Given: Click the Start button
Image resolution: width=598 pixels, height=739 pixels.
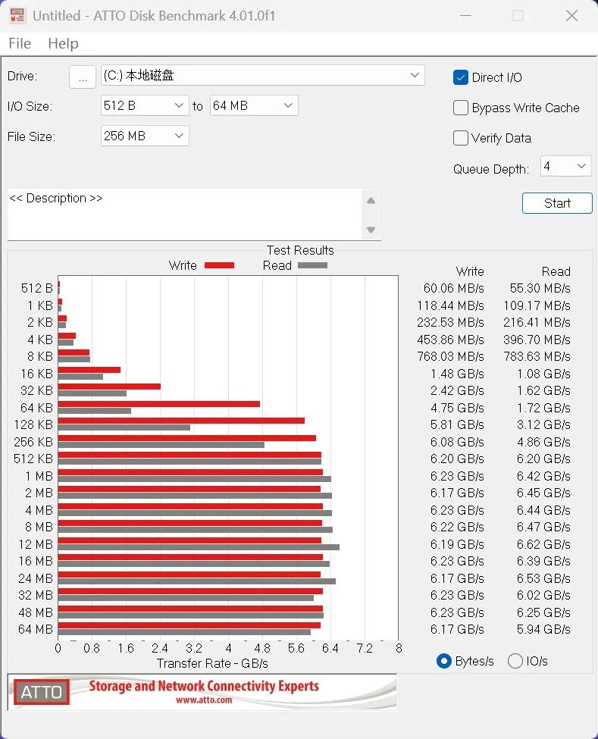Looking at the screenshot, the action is click(557, 203).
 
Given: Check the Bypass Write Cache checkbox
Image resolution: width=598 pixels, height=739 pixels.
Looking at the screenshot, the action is click(460, 108).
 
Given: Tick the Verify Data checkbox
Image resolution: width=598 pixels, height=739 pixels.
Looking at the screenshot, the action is click(460, 138).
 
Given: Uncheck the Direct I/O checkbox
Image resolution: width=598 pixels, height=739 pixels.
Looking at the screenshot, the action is click(460, 77).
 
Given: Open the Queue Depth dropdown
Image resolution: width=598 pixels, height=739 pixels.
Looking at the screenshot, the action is click(565, 166).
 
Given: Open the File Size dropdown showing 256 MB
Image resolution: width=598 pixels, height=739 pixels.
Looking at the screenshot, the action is click(145, 136).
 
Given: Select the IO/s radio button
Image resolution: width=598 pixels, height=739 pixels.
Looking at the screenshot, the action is click(515, 661).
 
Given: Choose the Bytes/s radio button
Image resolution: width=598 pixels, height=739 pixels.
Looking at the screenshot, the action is click(444, 661).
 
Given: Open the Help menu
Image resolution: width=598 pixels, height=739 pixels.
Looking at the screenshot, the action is click(63, 43).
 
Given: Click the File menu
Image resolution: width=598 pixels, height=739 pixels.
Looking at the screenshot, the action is click(20, 43).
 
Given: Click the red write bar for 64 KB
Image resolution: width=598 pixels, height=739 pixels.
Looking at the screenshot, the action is click(159, 404).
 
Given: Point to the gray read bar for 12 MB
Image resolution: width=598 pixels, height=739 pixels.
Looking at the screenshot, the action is click(199, 547).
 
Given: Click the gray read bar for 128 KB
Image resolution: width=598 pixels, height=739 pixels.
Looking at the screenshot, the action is click(124, 427).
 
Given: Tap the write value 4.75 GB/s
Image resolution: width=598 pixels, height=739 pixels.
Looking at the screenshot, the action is click(457, 408).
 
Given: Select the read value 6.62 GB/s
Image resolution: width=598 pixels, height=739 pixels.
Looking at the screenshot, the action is click(543, 544).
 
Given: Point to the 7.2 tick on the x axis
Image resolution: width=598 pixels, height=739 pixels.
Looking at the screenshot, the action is click(365, 649).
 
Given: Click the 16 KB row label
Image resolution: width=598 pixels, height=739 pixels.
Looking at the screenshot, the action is click(36, 374).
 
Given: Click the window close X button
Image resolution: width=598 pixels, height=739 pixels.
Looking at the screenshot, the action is click(571, 16).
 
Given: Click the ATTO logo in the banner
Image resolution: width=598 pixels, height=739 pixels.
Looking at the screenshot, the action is click(42, 692).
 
